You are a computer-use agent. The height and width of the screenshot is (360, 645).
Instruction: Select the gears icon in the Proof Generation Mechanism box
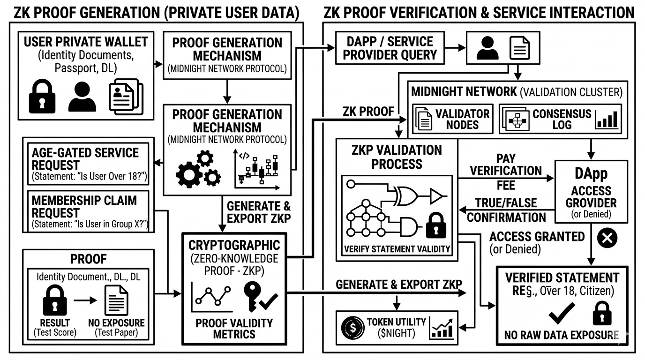198,169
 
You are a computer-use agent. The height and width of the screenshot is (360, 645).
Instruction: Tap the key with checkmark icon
259,296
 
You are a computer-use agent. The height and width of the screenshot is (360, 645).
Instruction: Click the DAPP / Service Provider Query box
390,48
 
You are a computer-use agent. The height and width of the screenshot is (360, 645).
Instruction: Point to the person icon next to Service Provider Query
487,48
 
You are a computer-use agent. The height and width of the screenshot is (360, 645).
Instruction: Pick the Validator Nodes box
452,119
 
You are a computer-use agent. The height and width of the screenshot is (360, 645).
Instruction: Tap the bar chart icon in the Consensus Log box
607,119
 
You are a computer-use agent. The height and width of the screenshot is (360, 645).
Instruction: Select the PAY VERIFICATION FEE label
505,171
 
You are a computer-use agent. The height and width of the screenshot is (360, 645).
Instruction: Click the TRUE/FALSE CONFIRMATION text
506,210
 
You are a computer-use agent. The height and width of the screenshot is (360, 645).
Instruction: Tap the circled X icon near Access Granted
607,238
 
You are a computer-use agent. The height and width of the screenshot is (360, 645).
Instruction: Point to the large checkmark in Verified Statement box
561,313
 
